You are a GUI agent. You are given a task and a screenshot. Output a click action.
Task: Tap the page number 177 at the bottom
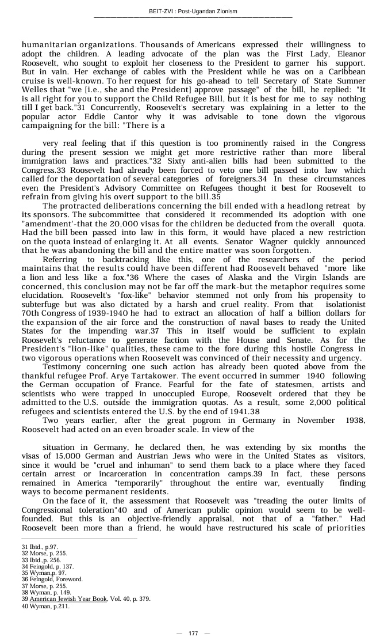click(193, 634)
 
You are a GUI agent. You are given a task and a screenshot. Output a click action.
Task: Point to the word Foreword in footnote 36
click(68, 579)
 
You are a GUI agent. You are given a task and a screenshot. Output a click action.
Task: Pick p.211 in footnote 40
click(60, 606)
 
